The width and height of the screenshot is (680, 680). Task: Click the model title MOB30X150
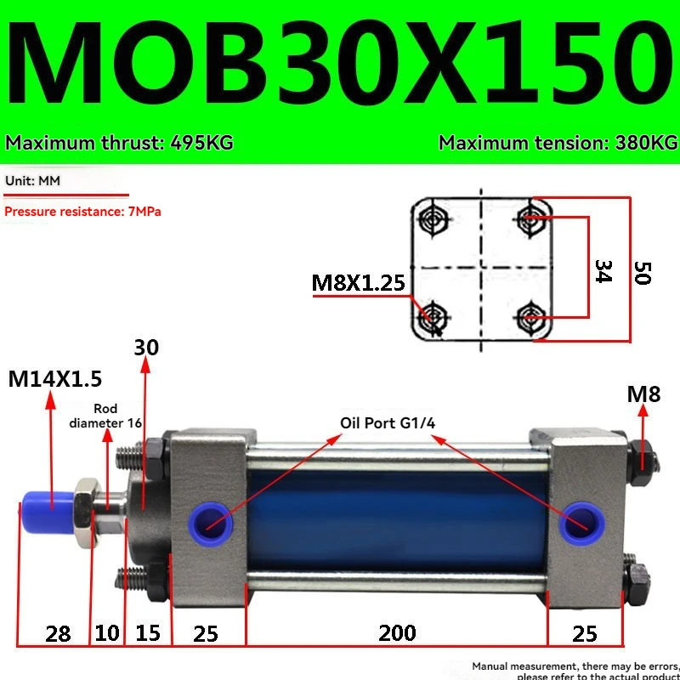(x=340, y=68)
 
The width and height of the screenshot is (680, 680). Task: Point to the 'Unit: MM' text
(x=32, y=182)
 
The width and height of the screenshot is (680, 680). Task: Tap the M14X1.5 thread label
(x=54, y=379)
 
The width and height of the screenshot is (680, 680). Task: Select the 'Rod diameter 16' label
(x=105, y=416)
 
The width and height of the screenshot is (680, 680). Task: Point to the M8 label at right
(x=643, y=394)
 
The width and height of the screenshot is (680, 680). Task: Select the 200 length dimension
(x=397, y=633)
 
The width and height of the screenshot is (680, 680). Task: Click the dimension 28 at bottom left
(x=57, y=633)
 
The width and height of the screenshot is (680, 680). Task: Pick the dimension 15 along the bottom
(x=149, y=633)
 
